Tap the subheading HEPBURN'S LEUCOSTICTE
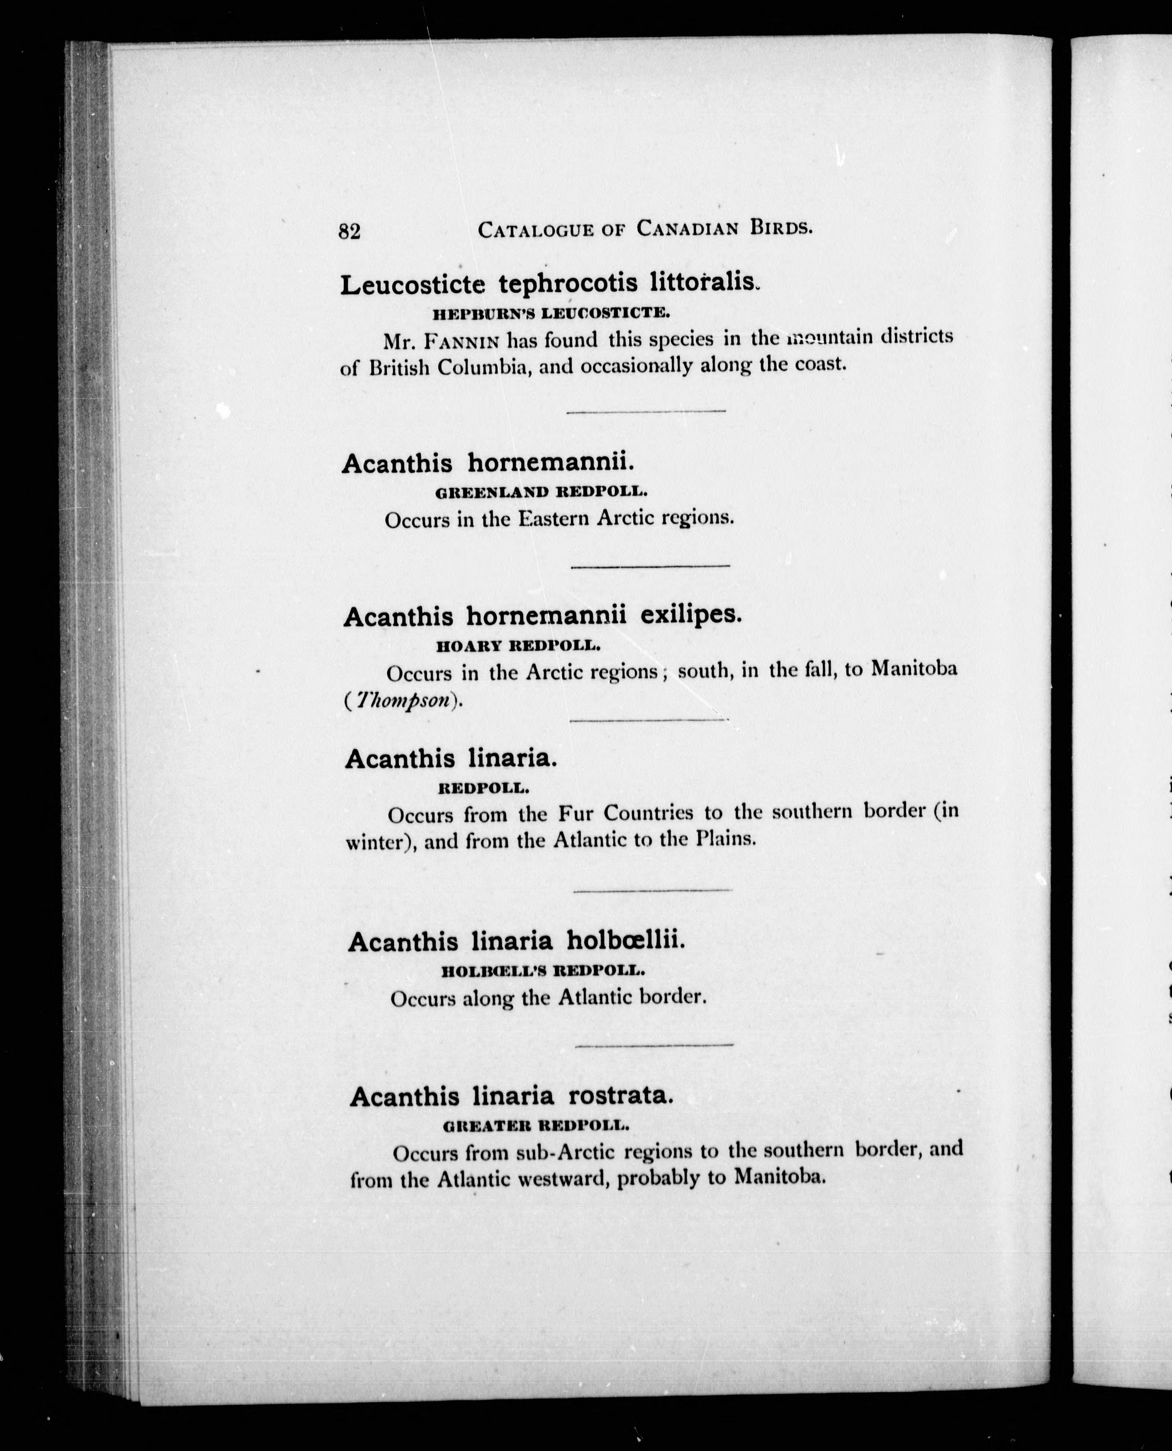(x=551, y=313)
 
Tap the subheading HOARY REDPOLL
(x=518, y=646)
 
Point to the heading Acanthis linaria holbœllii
(x=516, y=941)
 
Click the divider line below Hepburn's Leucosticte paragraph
(x=645, y=411)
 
